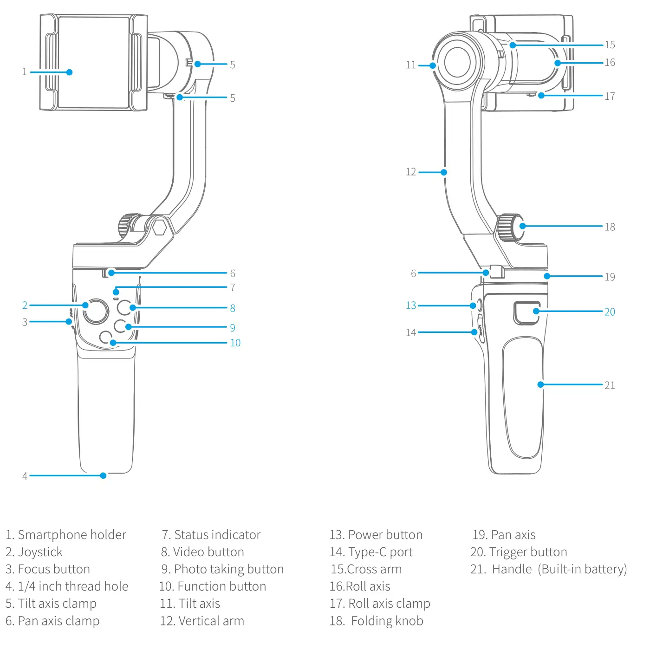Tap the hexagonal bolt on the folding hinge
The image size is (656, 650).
click(x=159, y=227)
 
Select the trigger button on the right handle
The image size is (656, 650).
click(x=526, y=313)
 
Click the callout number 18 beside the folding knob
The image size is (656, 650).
click(x=610, y=227)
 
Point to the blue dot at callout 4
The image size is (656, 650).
click(x=103, y=475)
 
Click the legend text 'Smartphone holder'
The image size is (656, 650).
click(x=71, y=535)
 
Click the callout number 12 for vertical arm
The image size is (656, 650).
click(x=411, y=172)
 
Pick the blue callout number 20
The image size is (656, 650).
click(x=610, y=312)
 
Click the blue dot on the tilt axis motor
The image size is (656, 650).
click(x=433, y=65)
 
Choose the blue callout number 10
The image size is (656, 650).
click(x=235, y=343)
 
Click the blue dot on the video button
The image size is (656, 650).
click(x=133, y=307)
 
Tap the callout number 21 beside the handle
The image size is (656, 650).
click(x=610, y=385)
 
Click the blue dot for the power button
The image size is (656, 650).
click(x=473, y=305)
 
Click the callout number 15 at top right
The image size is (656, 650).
click(x=610, y=45)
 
